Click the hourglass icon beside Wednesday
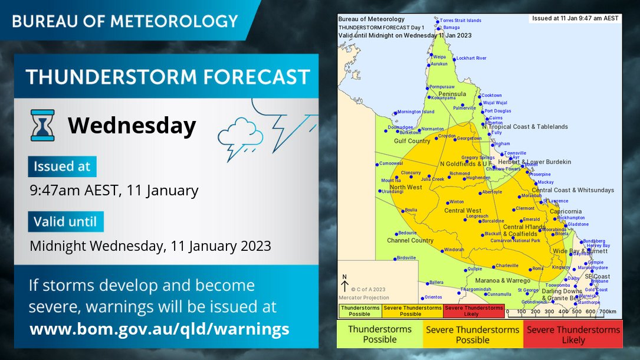coord(42,125)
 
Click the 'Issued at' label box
coord(62,166)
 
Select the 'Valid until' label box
coord(65,222)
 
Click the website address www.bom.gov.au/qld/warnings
coord(159,329)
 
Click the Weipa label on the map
coord(439,57)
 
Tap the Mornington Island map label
coord(415,112)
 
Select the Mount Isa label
coord(390,181)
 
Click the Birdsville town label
coord(406,258)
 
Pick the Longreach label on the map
coord(477,217)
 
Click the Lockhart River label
coord(471,58)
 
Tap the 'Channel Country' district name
coord(410,241)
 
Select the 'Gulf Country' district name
coord(412,141)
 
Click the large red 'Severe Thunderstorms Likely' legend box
coord(573,335)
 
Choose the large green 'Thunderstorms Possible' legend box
coord(380,335)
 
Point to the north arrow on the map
coord(345,285)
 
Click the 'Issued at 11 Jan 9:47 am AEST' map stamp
coord(575,18)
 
